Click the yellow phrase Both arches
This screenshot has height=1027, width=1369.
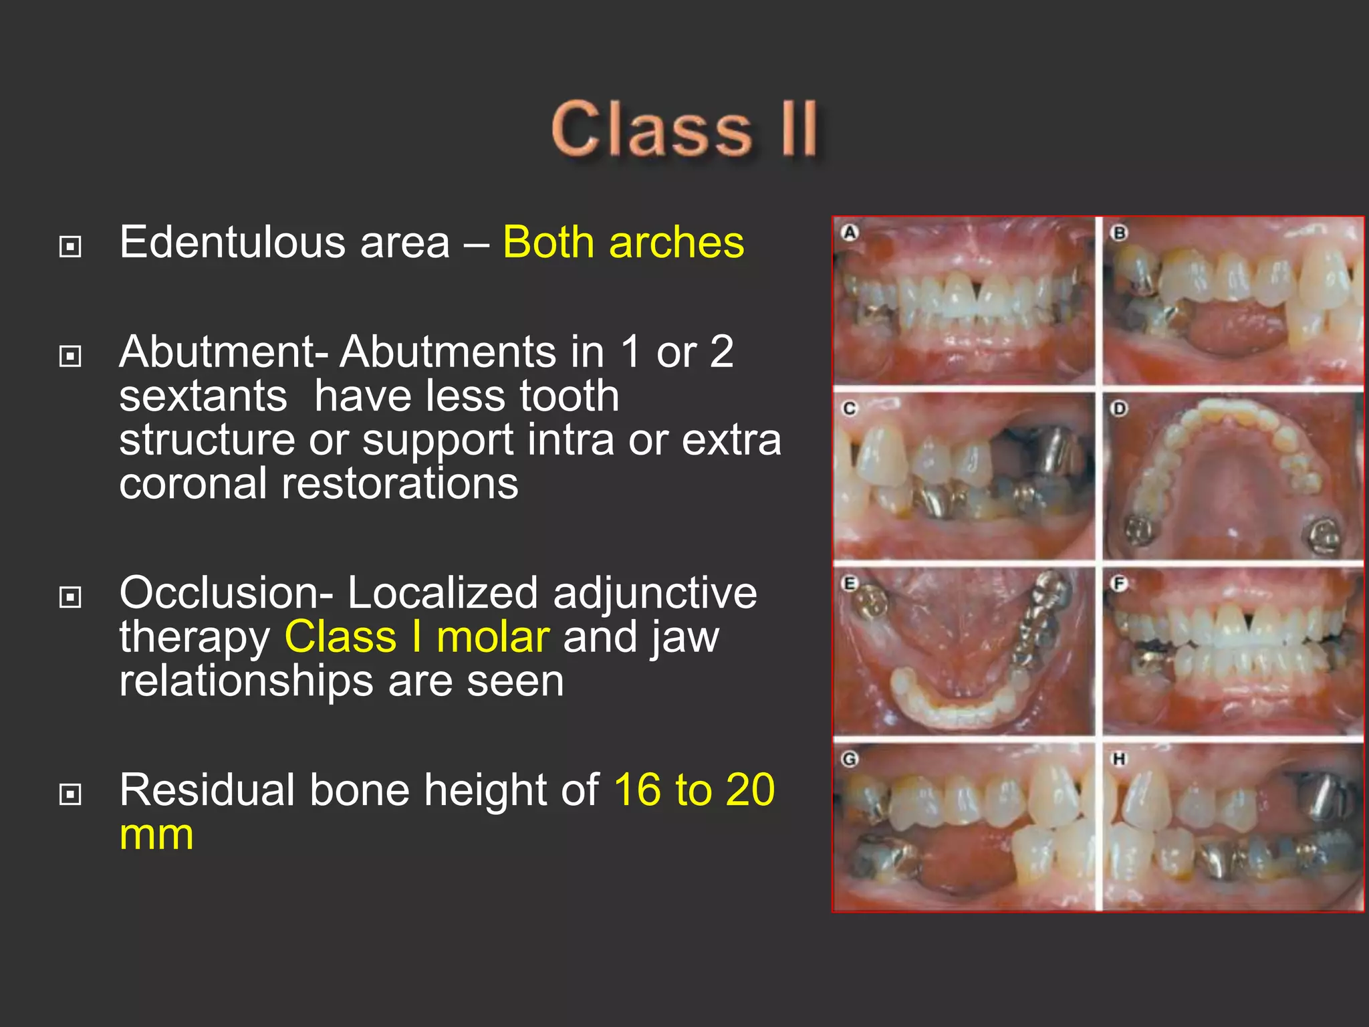pos(623,242)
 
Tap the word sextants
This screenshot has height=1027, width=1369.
pos(203,396)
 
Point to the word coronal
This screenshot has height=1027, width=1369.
pos(193,483)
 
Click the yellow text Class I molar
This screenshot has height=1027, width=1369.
pos(417,637)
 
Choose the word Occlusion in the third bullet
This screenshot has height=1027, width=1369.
pos(225,593)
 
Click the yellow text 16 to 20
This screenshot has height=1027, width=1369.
pos(694,790)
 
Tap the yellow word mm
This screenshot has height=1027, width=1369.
pos(156,834)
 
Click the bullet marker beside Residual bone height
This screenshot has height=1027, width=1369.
pos(70,794)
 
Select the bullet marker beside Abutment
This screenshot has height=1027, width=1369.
pos(70,356)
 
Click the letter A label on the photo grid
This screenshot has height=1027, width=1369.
pos(849,233)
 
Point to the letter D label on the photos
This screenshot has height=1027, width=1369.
pos(1118,408)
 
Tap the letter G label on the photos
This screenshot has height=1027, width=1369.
pos(849,759)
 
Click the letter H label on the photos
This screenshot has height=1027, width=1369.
pos(1118,759)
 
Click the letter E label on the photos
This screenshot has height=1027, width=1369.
pos(849,584)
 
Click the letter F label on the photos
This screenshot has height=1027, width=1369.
pos(1118,584)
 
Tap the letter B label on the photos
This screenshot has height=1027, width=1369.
pos(1118,233)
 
